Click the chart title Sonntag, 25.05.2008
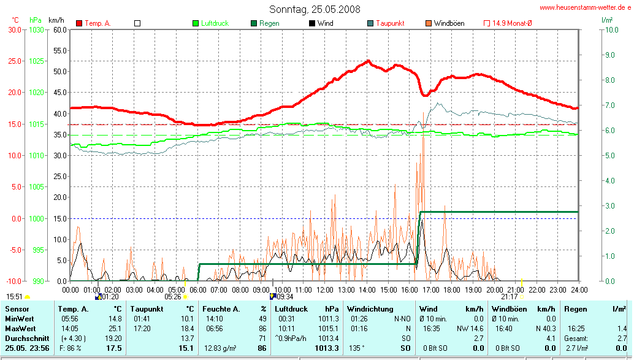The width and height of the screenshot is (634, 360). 315,9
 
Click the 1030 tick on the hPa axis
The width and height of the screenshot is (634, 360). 36,29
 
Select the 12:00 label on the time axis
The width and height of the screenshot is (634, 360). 325,289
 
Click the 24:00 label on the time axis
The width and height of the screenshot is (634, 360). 579,289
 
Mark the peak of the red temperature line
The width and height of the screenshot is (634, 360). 368,61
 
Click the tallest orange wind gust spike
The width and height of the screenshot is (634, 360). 423,113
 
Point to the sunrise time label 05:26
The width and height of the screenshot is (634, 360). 172,297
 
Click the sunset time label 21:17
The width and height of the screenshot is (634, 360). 510,297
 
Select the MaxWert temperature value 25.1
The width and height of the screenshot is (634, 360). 115,329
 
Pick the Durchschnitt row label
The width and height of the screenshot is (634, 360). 27,339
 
